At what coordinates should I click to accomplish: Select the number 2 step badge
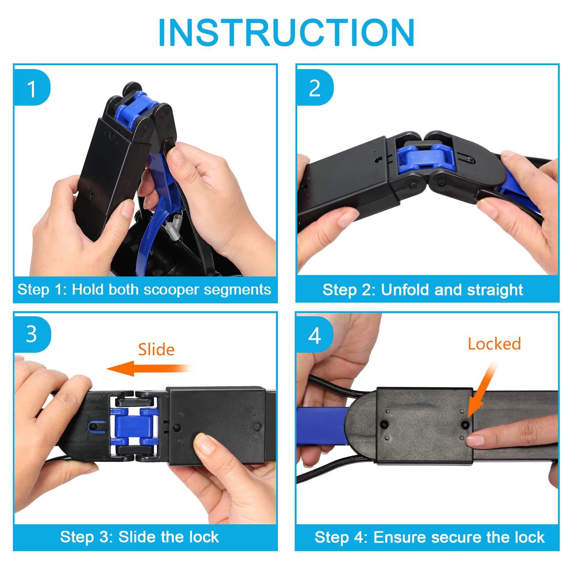(x=314, y=88)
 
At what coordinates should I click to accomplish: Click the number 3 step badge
(x=32, y=334)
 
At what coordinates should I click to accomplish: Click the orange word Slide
(x=156, y=350)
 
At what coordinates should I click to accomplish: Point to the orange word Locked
(x=494, y=344)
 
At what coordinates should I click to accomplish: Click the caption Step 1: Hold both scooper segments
(x=144, y=289)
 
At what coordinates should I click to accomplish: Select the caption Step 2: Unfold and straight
(x=423, y=289)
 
